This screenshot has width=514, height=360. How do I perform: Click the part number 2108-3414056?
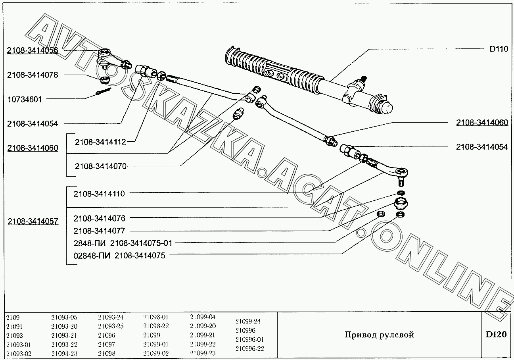tap(33, 50)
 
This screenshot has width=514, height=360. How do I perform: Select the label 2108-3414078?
tap(33, 75)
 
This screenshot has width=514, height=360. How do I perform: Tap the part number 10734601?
tap(25, 99)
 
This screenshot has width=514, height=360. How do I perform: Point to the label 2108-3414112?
tap(100, 142)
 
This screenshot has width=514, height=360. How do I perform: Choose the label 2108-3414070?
tap(100, 166)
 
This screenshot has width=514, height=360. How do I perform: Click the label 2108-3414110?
tap(99, 194)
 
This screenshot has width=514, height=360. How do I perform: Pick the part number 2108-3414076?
tap(100, 218)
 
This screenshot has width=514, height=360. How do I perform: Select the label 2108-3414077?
tap(100, 231)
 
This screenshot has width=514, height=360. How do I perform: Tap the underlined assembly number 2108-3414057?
tap(33, 221)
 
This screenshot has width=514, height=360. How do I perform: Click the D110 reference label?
tap(499, 49)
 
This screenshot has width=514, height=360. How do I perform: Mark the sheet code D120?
tap(496, 334)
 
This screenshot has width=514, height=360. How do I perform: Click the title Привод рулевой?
tap(379, 335)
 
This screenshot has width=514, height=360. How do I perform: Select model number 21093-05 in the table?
tap(64, 317)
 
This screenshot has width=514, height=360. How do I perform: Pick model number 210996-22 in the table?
tap(250, 348)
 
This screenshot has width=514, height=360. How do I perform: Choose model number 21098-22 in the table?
tap(156, 326)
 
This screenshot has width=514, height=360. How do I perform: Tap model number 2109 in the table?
tap(13, 318)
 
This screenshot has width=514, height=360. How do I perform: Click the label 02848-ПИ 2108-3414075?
tap(119, 256)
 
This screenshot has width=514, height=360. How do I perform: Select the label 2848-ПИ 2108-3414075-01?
tap(123, 243)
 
